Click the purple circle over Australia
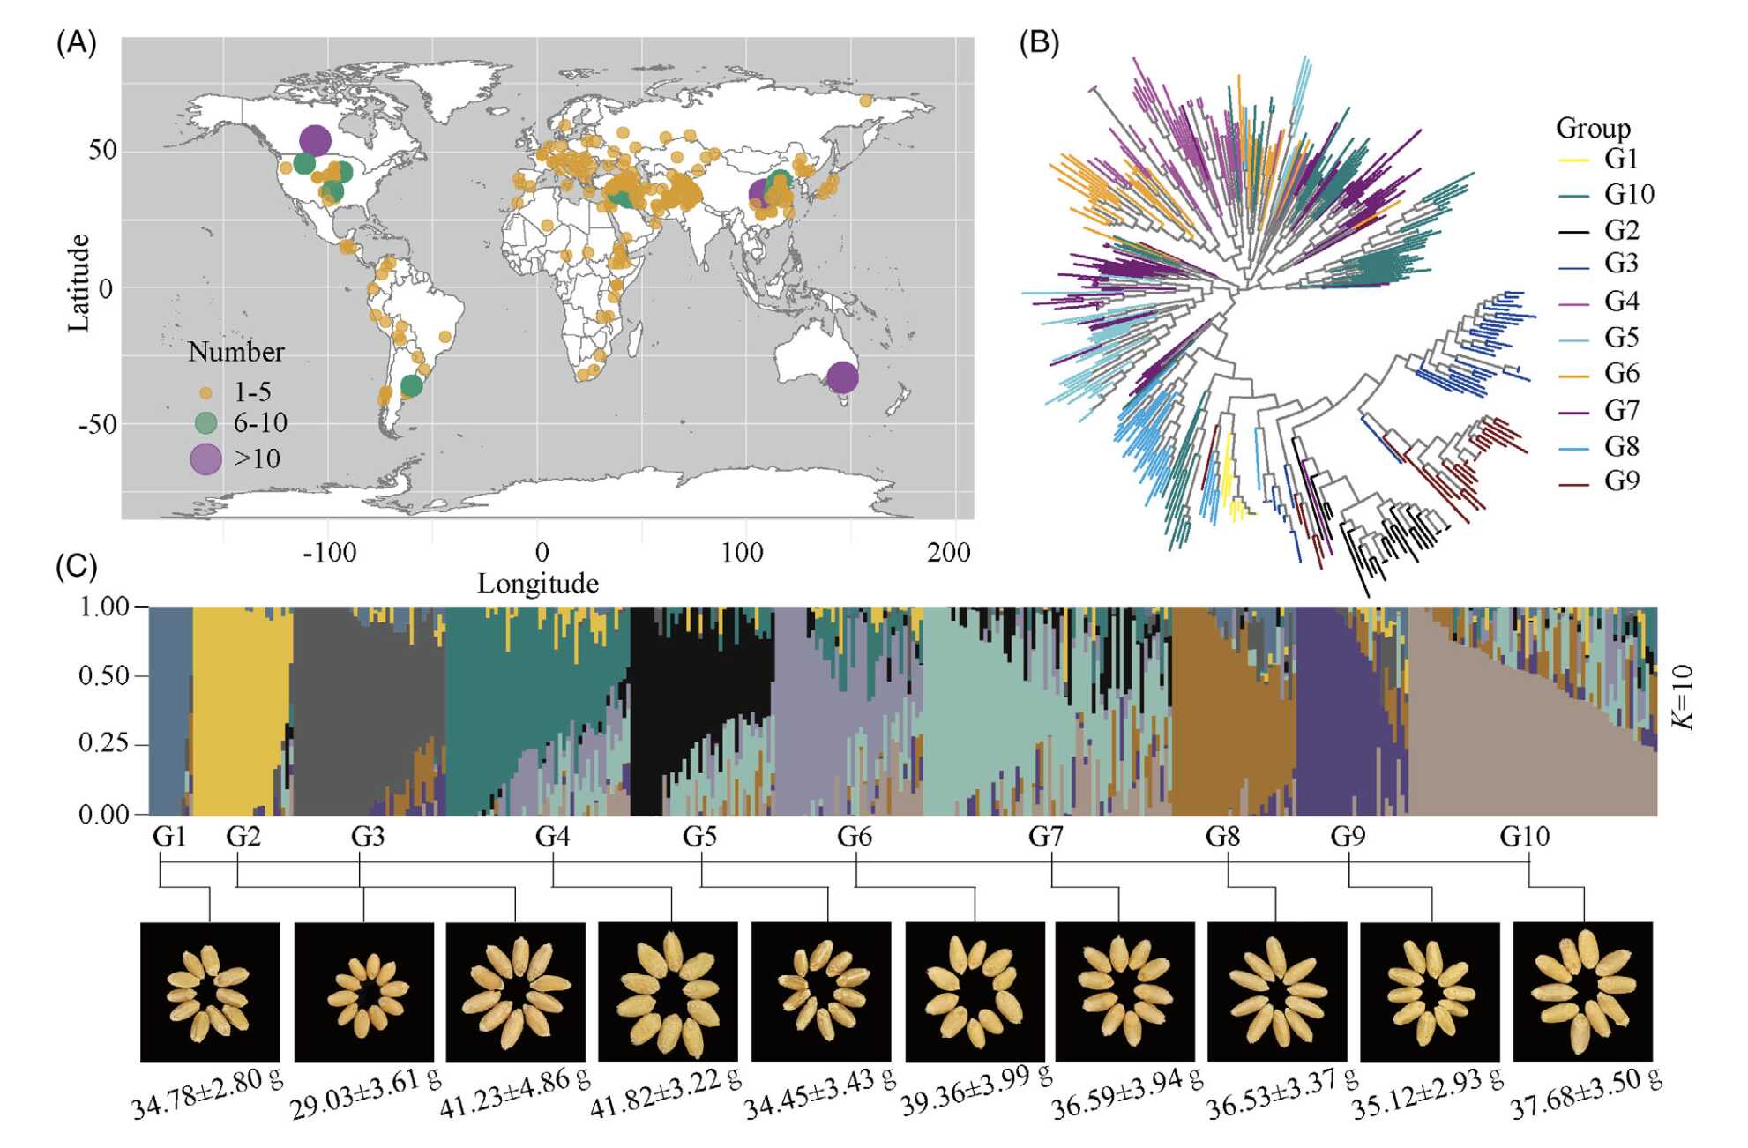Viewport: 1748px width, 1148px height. [x=841, y=377]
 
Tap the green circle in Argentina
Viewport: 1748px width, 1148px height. [x=411, y=385]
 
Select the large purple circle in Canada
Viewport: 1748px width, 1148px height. [x=315, y=139]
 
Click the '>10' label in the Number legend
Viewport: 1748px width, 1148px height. [x=257, y=458]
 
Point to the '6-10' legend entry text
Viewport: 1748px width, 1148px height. [x=260, y=423]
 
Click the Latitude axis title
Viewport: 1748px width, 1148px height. [x=79, y=282]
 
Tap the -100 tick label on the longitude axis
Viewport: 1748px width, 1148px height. [x=329, y=553]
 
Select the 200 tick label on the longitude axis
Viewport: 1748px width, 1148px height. [x=948, y=553]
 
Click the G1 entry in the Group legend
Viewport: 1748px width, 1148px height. [x=1621, y=159]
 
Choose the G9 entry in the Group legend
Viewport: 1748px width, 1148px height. [x=1621, y=481]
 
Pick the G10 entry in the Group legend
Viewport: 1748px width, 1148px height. [x=1628, y=194]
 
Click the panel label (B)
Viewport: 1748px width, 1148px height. [x=1038, y=42]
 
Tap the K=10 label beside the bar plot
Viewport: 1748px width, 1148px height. [x=1684, y=697]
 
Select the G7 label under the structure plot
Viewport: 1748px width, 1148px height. [x=1046, y=836]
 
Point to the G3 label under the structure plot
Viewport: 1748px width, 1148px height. [x=368, y=836]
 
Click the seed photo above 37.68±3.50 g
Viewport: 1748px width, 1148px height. [x=1582, y=991]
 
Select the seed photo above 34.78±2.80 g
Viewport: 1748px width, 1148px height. [x=210, y=991]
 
